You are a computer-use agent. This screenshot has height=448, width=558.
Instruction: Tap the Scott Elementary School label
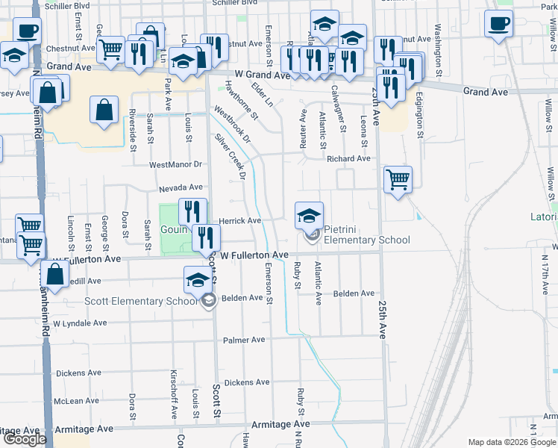coord(154,301)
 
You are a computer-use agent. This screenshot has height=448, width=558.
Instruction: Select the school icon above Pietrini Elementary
coord(309,216)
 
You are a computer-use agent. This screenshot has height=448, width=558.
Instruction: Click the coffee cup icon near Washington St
coord(498,24)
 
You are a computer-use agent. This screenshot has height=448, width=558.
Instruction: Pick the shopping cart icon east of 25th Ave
coord(398,179)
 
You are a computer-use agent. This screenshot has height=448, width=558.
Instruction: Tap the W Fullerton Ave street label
coord(253,255)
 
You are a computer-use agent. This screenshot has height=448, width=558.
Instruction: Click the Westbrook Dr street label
coord(232,124)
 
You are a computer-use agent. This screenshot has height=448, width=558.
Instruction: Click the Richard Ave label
coord(348,159)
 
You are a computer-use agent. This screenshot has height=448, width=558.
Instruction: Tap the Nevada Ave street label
coord(180,187)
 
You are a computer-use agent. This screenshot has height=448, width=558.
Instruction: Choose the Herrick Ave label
coord(239,221)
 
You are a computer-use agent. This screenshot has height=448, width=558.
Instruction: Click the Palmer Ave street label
coord(244,340)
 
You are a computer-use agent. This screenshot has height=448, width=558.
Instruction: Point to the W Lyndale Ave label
coord(80,323)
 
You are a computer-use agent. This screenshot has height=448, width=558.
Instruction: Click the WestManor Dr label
coord(175,164)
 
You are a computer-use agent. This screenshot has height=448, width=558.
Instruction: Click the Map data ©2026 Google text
coord(511,442)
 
